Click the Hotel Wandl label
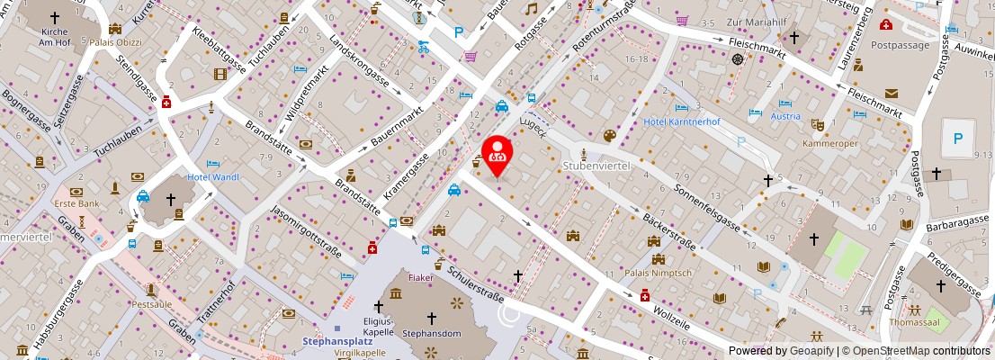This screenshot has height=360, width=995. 213,177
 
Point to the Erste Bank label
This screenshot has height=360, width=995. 76,204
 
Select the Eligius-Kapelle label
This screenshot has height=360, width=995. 379,326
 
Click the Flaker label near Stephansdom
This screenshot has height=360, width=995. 420,277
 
